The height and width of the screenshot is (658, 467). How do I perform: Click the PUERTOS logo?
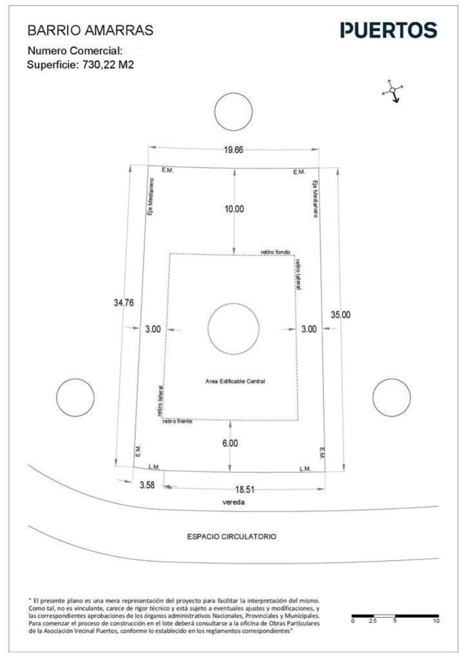[x=389, y=30]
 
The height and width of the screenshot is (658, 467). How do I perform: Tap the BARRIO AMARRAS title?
[x=90, y=30]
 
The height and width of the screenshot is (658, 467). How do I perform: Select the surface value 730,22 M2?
[x=108, y=65]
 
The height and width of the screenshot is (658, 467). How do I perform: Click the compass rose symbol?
[x=392, y=90]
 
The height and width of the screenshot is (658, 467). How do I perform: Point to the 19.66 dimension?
[x=233, y=150]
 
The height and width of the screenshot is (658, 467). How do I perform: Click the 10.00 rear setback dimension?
[x=234, y=209]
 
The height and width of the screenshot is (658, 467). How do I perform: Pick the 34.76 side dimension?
[x=124, y=303]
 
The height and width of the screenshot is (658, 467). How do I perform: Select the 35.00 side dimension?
[x=340, y=315]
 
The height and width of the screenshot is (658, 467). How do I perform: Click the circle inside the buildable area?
[x=233, y=303]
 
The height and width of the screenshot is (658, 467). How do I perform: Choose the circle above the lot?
[x=233, y=93]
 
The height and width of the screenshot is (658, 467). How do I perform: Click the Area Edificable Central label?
[x=235, y=381]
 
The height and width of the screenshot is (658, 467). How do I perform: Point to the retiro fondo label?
[x=275, y=252]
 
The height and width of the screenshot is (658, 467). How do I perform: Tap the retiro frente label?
[x=178, y=421]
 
